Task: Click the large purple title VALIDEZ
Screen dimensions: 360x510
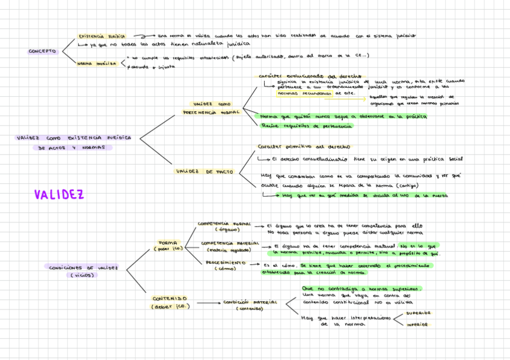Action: [58, 195]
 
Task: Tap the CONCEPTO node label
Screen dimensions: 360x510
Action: [42, 52]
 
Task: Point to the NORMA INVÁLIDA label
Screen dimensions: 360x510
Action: [96, 63]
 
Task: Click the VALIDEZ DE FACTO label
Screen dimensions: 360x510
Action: [204, 171]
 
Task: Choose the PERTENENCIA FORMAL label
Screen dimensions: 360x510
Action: [211, 112]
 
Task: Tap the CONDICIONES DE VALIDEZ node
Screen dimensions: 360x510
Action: [84, 267]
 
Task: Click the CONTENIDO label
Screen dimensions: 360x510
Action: [169, 298]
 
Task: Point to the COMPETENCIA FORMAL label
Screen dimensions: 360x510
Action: [224, 223]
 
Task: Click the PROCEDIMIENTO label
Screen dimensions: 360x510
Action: [226, 263]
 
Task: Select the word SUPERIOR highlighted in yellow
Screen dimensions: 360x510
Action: [417, 313]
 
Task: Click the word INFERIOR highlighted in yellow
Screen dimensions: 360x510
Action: [417, 324]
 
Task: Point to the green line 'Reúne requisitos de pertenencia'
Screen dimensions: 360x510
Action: [307, 126]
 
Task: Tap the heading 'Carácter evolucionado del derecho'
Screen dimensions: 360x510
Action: [310, 76]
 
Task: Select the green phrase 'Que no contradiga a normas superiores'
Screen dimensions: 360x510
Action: [361, 288]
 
